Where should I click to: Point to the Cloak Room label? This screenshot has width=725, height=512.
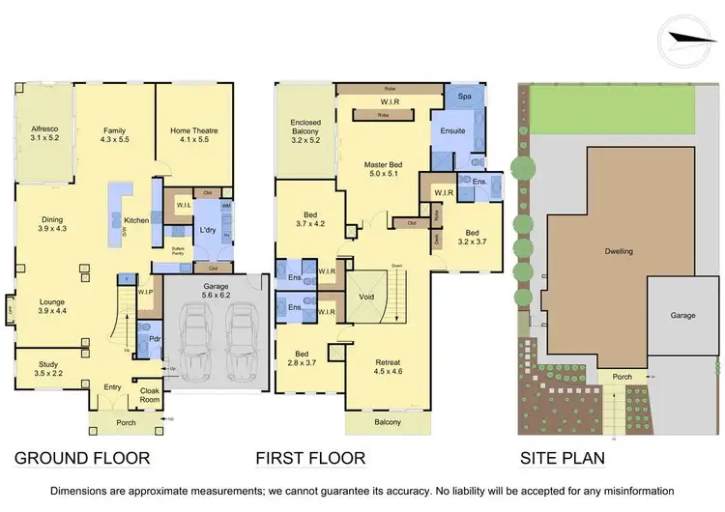[150, 395]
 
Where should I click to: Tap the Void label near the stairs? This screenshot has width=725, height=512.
[366, 297]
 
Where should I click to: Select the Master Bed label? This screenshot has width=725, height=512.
[384, 170]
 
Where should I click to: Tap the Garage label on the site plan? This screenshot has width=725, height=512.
[681, 315]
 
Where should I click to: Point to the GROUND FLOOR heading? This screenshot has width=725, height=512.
[83, 458]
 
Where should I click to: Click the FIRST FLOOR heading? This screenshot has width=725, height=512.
[311, 458]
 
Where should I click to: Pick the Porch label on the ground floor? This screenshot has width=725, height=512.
[114, 422]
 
